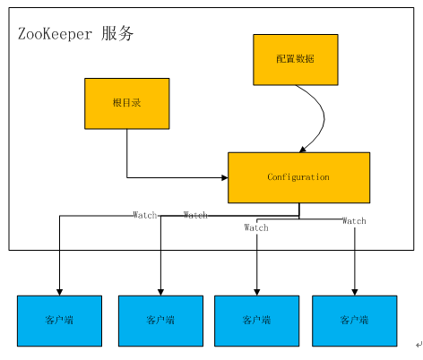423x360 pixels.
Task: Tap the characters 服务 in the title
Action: pos(118,34)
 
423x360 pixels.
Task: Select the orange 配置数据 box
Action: pos(295,59)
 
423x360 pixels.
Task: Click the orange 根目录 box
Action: pos(126,103)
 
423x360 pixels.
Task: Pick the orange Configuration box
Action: pos(298,177)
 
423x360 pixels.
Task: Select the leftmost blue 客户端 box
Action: pos(59,320)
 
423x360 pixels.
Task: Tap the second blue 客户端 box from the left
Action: pos(161,320)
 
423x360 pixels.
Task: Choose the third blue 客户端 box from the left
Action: pos(257,320)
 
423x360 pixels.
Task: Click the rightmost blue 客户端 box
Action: pos(354,320)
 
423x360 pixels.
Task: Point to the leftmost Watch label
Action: pos(144,215)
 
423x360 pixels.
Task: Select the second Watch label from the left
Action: pos(195,215)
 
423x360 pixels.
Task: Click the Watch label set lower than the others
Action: pos(256,227)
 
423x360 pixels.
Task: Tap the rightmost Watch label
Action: pos(354,220)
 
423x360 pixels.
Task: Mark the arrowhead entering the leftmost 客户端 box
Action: pos(59,291)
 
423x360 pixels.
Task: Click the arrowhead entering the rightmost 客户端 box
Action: pos(354,291)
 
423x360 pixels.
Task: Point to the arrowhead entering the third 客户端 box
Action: pos(257,291)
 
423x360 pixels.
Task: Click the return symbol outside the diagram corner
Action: pos(417,344)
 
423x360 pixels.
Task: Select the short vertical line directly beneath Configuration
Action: pos(298,210)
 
